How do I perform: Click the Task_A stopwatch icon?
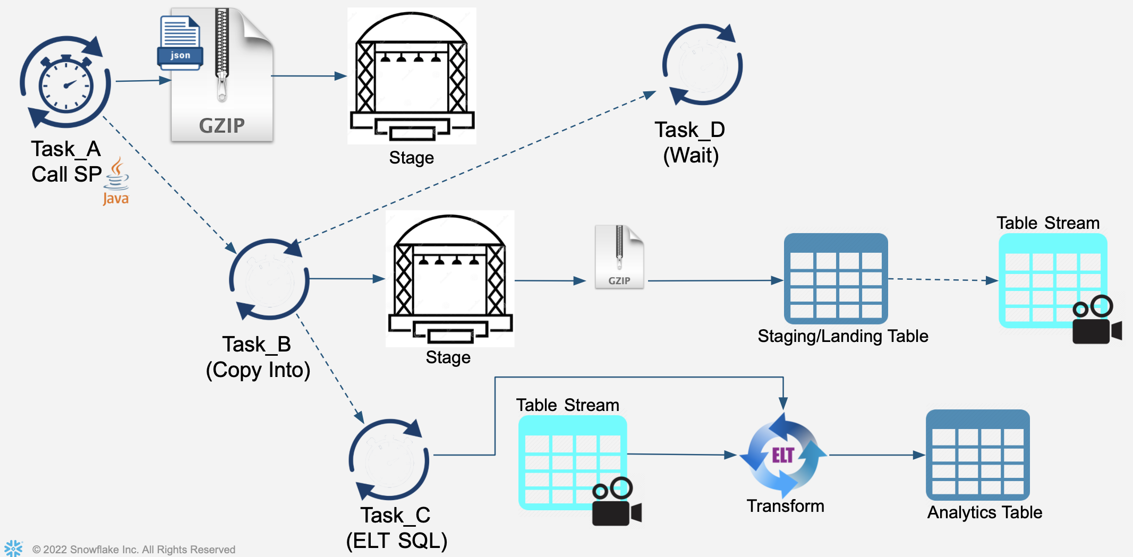65,82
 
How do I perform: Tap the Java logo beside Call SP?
116,182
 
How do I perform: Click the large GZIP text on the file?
222,126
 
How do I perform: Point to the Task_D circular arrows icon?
702,65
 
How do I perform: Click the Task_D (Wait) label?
690,142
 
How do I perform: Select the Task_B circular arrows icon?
269,279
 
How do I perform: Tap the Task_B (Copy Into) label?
258,357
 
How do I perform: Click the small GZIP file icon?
619,258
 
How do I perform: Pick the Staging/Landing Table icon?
836,279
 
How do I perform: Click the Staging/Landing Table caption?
842,336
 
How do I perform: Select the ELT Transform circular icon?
783,455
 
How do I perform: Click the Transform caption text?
785,506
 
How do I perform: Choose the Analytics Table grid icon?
977,455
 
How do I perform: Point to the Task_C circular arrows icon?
389,460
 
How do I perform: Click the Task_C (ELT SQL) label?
396,528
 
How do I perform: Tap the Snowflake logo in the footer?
13,548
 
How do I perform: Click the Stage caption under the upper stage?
411,158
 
